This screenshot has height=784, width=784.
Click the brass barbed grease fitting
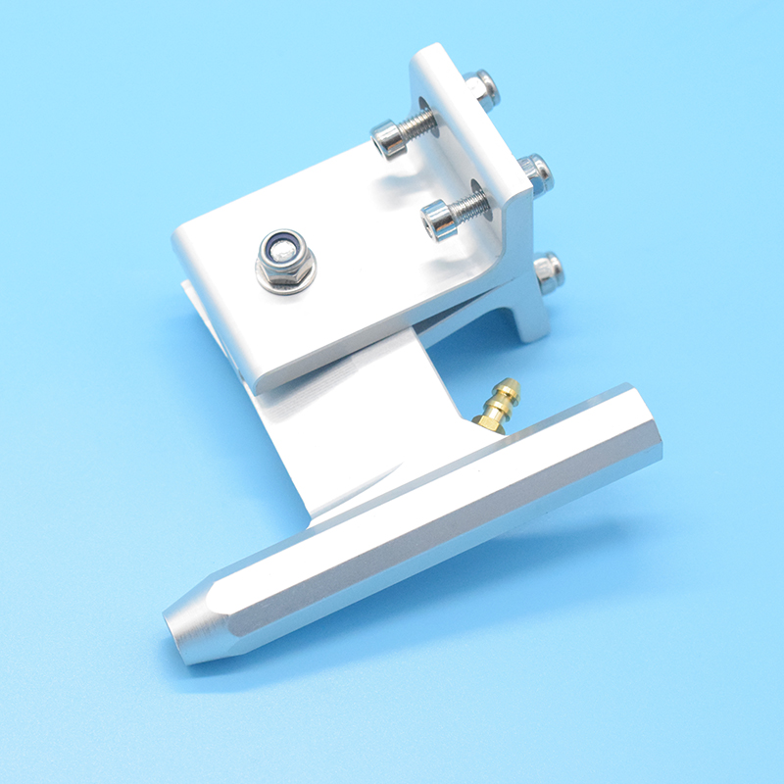(x=499, y=406)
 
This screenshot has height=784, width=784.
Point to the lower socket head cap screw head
(x=440, y=220)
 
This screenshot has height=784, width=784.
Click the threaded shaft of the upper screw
(x=418, y=124)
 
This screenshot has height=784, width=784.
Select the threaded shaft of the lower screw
(x=471, y=205)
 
